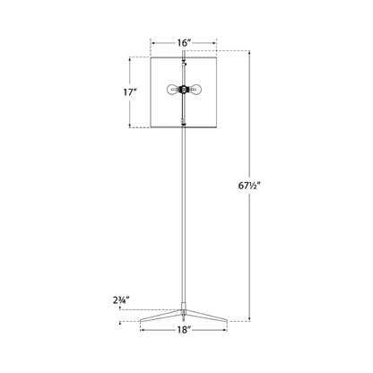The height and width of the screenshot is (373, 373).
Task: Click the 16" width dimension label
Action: (x=185, y=42)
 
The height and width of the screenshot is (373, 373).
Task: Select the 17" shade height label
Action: (x=130, y=92)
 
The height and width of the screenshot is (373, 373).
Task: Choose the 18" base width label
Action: (x=185, y=329)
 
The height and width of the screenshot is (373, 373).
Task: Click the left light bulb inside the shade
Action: (x=173, y=90)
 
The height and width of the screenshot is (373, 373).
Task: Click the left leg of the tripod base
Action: (x=161, y=314)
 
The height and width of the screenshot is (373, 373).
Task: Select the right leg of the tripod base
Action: (x=209, y=314)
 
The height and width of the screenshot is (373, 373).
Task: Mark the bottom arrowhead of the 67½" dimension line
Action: (x=249, y=318)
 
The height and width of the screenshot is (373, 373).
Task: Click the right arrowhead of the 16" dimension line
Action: (x=218, y=42)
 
